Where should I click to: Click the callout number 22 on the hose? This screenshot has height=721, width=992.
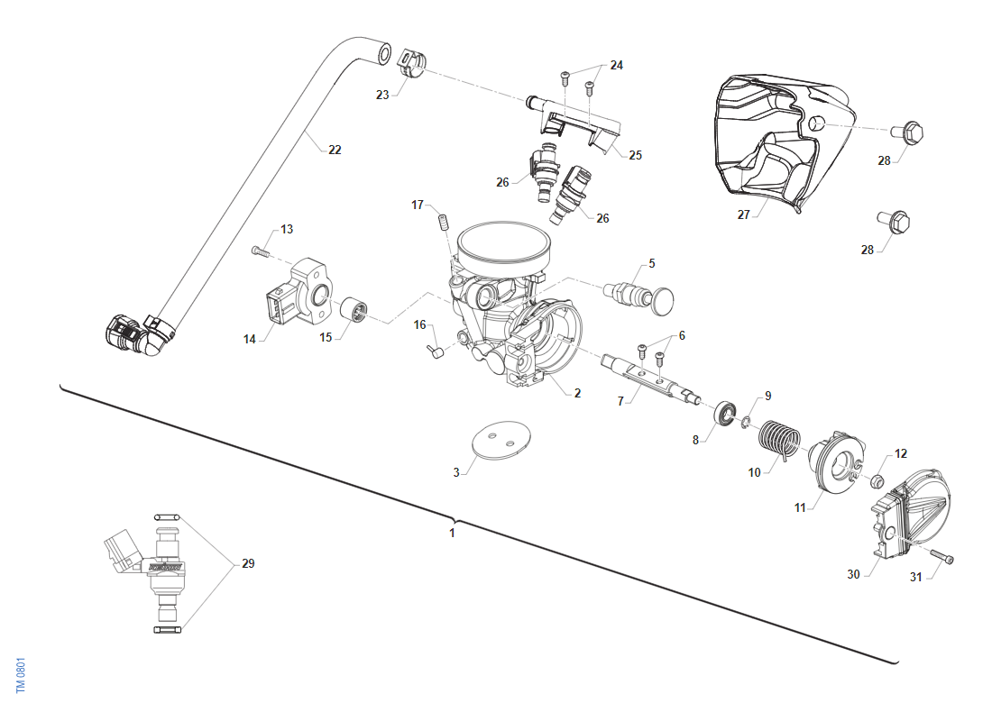335,150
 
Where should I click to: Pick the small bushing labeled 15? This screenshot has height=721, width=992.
356,312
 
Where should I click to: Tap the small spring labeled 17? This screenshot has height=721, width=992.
444,219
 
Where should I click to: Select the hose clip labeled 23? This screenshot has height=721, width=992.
411,64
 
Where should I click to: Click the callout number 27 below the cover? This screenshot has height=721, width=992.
744,215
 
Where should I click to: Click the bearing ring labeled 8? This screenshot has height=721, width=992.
724,415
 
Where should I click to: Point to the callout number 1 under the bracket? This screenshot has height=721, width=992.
452,533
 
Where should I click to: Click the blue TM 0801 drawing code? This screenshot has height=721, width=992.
20,674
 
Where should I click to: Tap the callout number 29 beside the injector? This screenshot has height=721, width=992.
248,564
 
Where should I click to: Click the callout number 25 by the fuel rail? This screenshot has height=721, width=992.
636,155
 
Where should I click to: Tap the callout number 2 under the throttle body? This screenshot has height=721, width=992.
577,393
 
